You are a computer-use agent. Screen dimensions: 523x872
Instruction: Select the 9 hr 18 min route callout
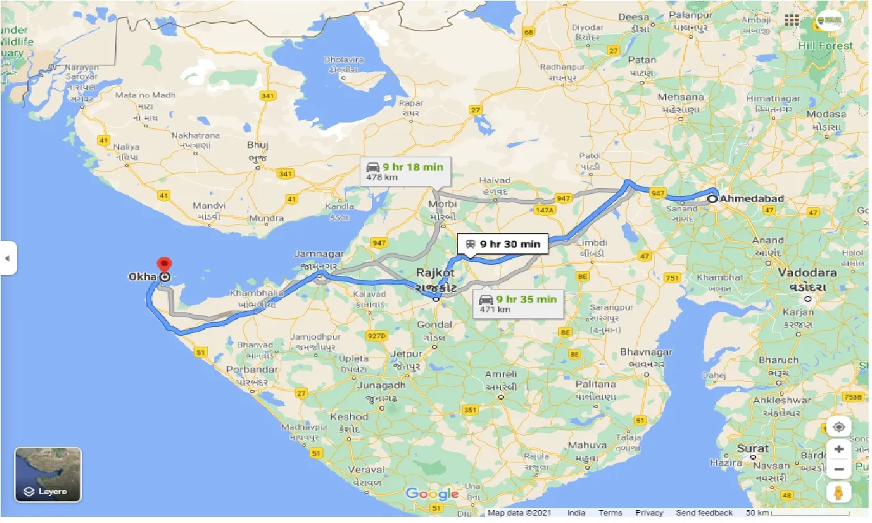coord(405,171)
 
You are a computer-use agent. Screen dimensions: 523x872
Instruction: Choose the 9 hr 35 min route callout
coord(518,303)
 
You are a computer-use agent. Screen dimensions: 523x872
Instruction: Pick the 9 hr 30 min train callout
coord(503,244)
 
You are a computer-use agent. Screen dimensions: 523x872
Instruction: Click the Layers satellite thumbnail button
coord(48,474)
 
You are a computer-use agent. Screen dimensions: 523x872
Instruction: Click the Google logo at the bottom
coord(432,494)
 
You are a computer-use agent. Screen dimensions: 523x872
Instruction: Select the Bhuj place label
coord(258,145)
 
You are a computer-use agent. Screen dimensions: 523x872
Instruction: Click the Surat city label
coord(752,449)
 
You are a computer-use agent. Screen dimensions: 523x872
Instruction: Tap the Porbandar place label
coord(252,370)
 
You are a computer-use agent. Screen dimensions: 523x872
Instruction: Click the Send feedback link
coord(704,513)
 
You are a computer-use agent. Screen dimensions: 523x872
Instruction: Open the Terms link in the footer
coord(610,513)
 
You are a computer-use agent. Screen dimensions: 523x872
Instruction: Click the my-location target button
coord(839,427)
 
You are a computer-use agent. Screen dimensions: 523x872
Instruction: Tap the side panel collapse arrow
coord(7,258)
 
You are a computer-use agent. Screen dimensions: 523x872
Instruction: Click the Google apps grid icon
coord(792,20)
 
